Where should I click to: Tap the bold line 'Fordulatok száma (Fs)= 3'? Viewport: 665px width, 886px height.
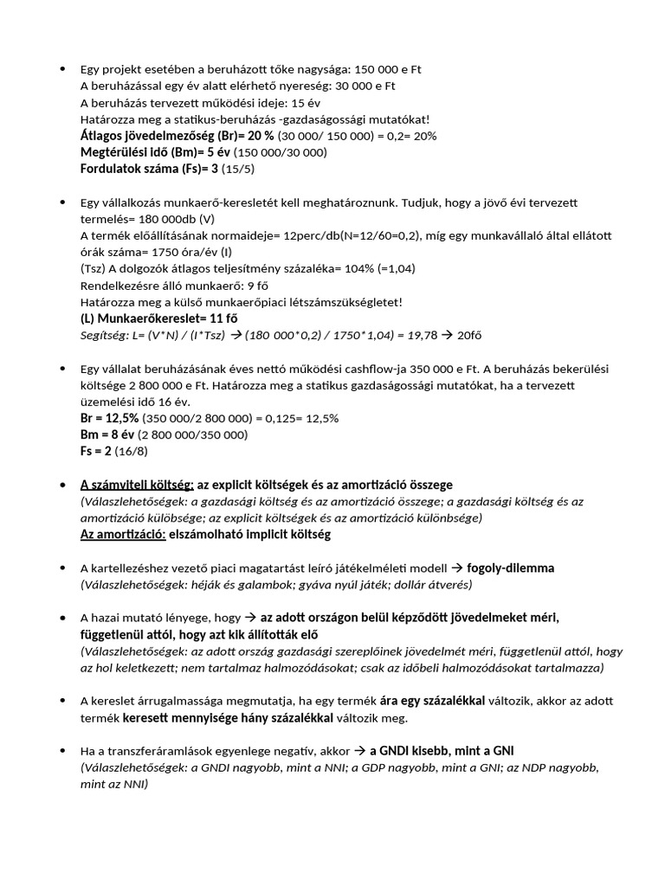[148, 169]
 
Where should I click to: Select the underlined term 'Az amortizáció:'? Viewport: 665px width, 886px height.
[122, 535]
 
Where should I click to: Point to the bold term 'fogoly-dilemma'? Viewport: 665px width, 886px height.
[510, 568]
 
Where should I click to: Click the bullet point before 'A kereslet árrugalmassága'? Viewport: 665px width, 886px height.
[62, 701]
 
